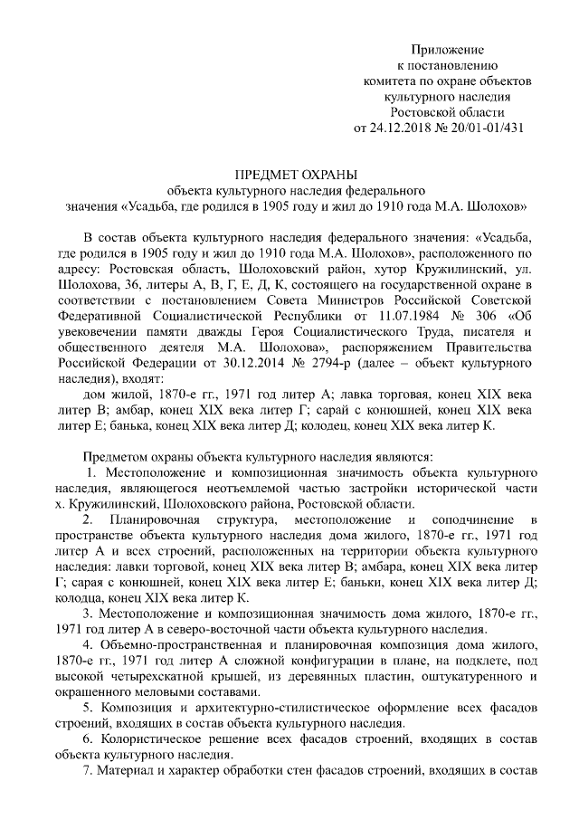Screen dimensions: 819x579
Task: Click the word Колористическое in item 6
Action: (x=153, y=738)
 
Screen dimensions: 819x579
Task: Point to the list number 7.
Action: (x=86, y=770)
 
